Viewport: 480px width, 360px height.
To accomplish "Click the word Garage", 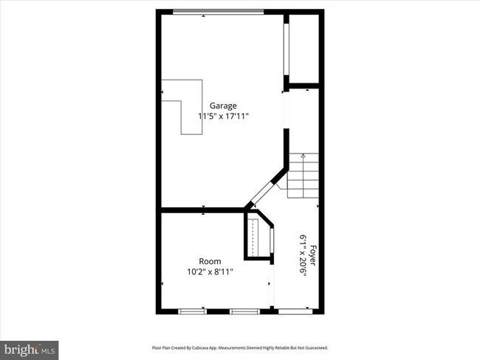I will pyautogui.click(x=223, y=105).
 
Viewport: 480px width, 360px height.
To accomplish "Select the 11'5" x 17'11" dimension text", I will pyautogui.click(x=223, y=116).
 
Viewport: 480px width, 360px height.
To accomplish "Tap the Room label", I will pyautogui.click(x=210, y=261).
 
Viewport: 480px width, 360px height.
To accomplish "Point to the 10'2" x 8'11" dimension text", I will pyautogui.click(x=210, y=271).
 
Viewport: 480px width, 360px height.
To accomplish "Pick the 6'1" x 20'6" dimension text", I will pyautogui.click(x=303, y=255).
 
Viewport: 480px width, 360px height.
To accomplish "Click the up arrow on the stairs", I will pyautogui.click(x=303, y=156).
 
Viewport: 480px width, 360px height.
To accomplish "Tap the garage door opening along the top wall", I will pyautogui.click(x=218, y=11).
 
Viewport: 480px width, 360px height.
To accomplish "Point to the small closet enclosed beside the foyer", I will pyautogui.click(x=258, y=236).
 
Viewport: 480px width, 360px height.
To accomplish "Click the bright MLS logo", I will pyautogui.click(x=30, y=348).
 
